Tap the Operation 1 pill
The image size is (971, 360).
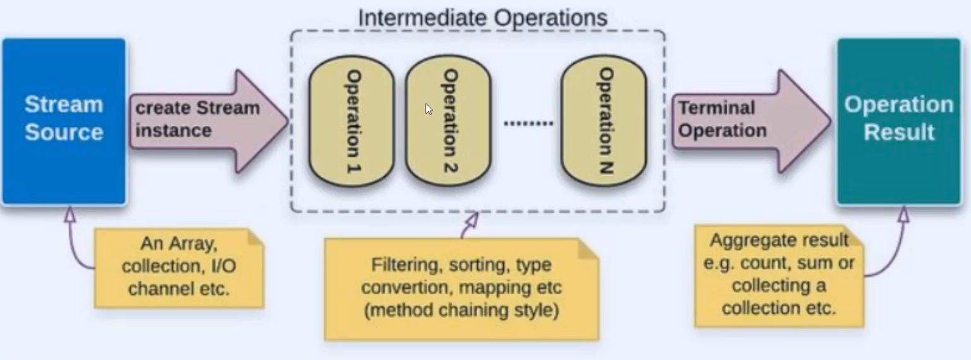(351, 126)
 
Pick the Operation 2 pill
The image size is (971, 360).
(448, 126)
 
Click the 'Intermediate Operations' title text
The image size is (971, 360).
(482, 18)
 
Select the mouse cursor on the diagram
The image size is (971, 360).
(429, 109)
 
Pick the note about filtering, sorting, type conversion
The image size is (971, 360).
(461, 288)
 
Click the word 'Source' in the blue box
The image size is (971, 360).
(64, 133)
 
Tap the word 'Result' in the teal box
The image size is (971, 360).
(898, 133)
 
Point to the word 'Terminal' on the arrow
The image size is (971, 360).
(717, 108)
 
